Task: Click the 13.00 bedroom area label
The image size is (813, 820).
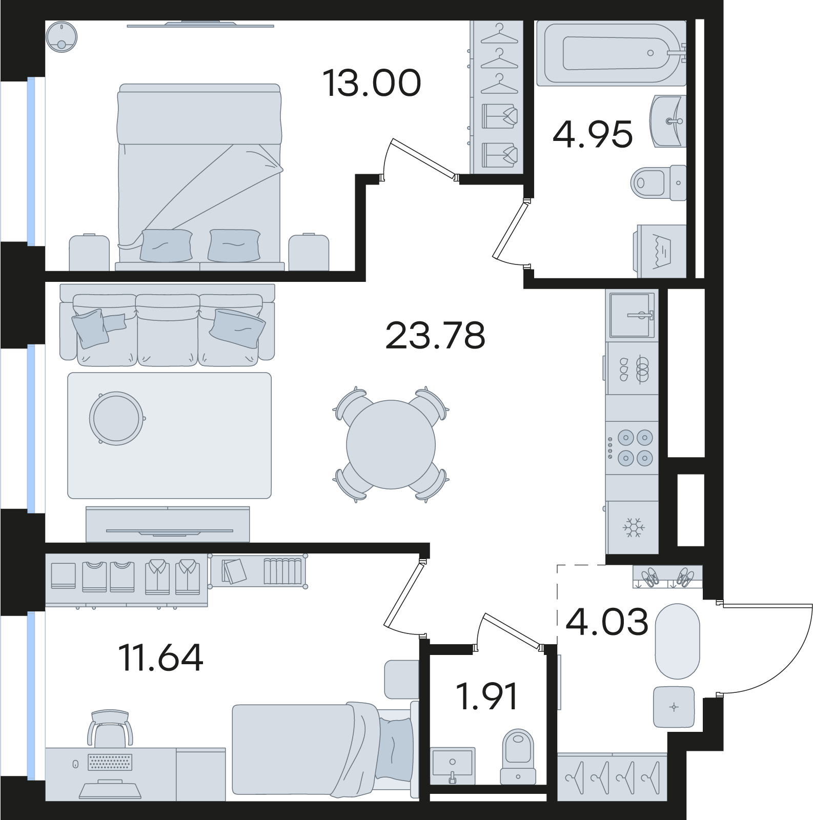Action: pos(372,84)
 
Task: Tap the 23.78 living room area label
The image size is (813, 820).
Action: pos(435,336)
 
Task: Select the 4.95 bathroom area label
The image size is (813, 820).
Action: pos(593,135)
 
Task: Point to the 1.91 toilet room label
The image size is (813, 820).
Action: pos(487,696)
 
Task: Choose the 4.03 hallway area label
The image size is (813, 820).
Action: pos(607,622)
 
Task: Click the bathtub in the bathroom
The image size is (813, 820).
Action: pos(612,53)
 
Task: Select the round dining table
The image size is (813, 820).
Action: pos(391,444)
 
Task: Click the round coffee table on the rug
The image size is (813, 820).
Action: pos(116,417)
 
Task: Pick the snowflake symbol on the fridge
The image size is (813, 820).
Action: pos(633,528)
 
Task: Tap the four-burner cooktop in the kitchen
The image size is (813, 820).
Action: pos(632,447)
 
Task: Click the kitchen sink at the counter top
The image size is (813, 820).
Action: pos(632,315)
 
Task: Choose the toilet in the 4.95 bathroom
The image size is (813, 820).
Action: pos(659,182)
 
